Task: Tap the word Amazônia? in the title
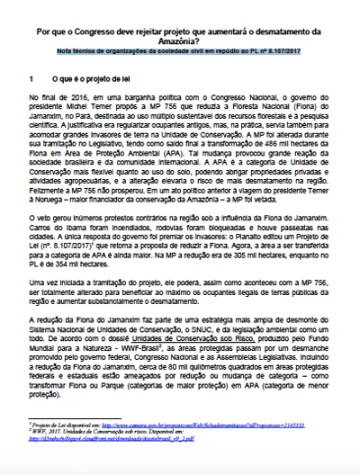pyautogui.click(x=181, y=41)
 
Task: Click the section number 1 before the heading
pyautogui.click(x=31, y=81)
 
